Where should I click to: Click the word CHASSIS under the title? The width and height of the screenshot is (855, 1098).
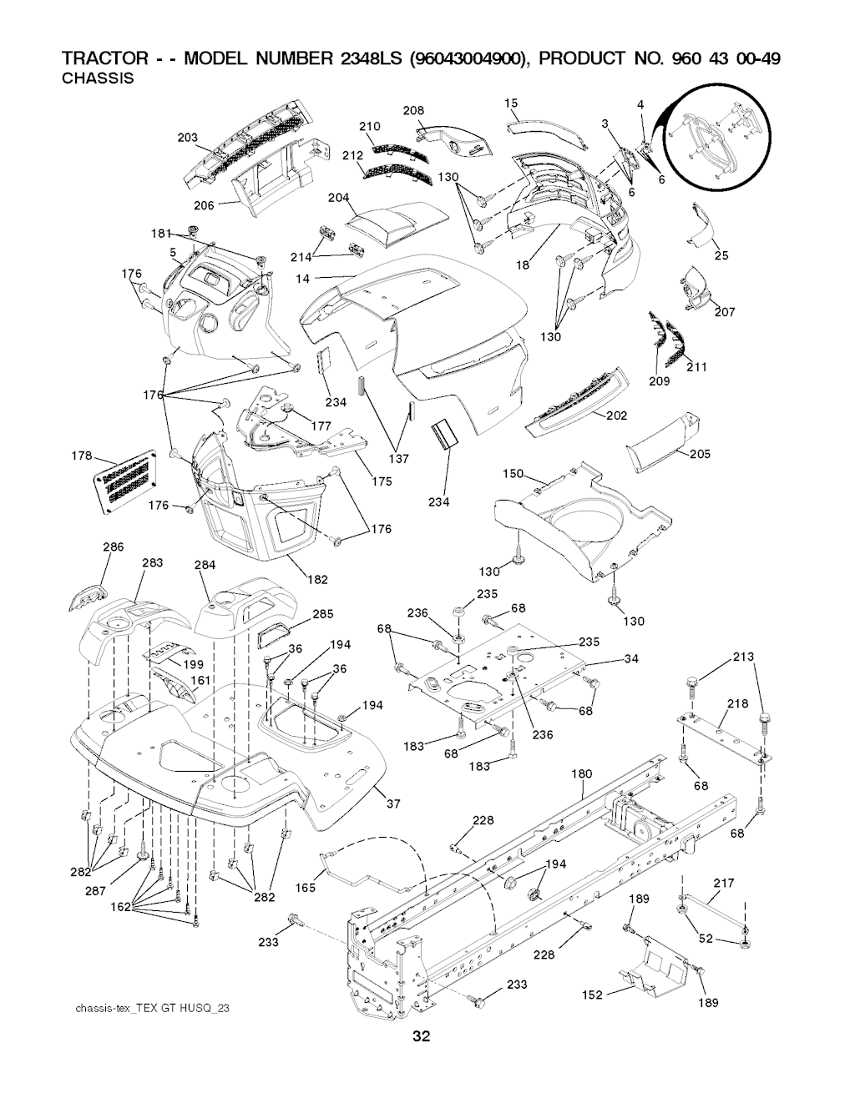(x=98, y=78)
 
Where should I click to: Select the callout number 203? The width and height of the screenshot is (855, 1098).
(x=188, y=138)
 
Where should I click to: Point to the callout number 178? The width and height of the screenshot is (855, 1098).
(x=82, y=456)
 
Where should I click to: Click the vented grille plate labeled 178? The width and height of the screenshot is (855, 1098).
(x=126, y=481)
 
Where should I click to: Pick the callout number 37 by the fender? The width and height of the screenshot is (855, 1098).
(x=393, y=803)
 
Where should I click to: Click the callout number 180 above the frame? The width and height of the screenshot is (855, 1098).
(x=581, y=773)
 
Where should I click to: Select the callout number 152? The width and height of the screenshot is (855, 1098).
(x=592, y=995)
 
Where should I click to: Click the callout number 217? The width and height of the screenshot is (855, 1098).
(x=724, y=883)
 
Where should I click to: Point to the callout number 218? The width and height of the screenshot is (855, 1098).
(x=738, y=703)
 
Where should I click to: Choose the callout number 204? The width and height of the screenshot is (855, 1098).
(x=339, y=197)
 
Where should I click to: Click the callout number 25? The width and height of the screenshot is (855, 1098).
(x=721, y=255)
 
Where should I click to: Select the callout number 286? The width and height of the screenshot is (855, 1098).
(x=114, y=546)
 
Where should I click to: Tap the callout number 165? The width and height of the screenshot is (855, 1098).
(x=306, y=887)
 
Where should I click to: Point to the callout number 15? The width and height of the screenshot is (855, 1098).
(x=511, y=103)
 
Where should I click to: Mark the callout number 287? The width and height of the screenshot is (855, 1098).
(x=95, y=890)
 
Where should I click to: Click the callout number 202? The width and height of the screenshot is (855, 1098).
(x=616, y=415)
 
